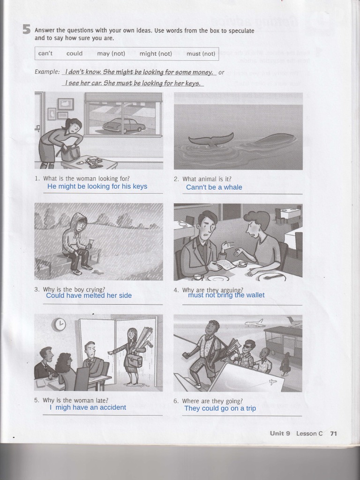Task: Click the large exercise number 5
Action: click(x=27, y=30)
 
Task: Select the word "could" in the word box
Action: click(x=75, y=53)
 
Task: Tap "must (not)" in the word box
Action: click(x=201, y=54)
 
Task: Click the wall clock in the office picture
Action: click(x=60, y=324)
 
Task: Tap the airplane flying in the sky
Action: click(x=254, y=323)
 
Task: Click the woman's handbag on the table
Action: click(x=70, y=153)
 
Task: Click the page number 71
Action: click(x=333, y=434)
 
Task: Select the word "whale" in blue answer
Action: click(x=232, y=187)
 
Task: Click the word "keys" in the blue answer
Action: click(x=140, y=187)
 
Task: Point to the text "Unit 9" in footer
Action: click(x=280, y=434)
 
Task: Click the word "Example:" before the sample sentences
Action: click(x=47, y=72)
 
